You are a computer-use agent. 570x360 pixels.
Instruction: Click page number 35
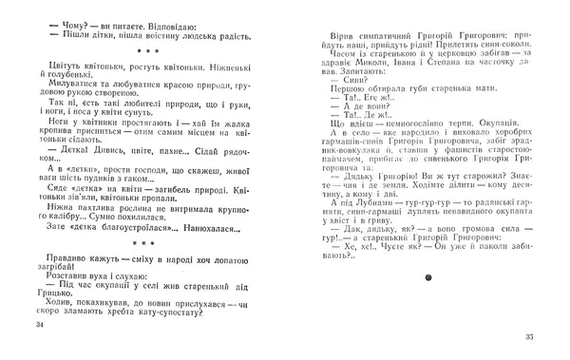pyautogui.click(x=533, y=337)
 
